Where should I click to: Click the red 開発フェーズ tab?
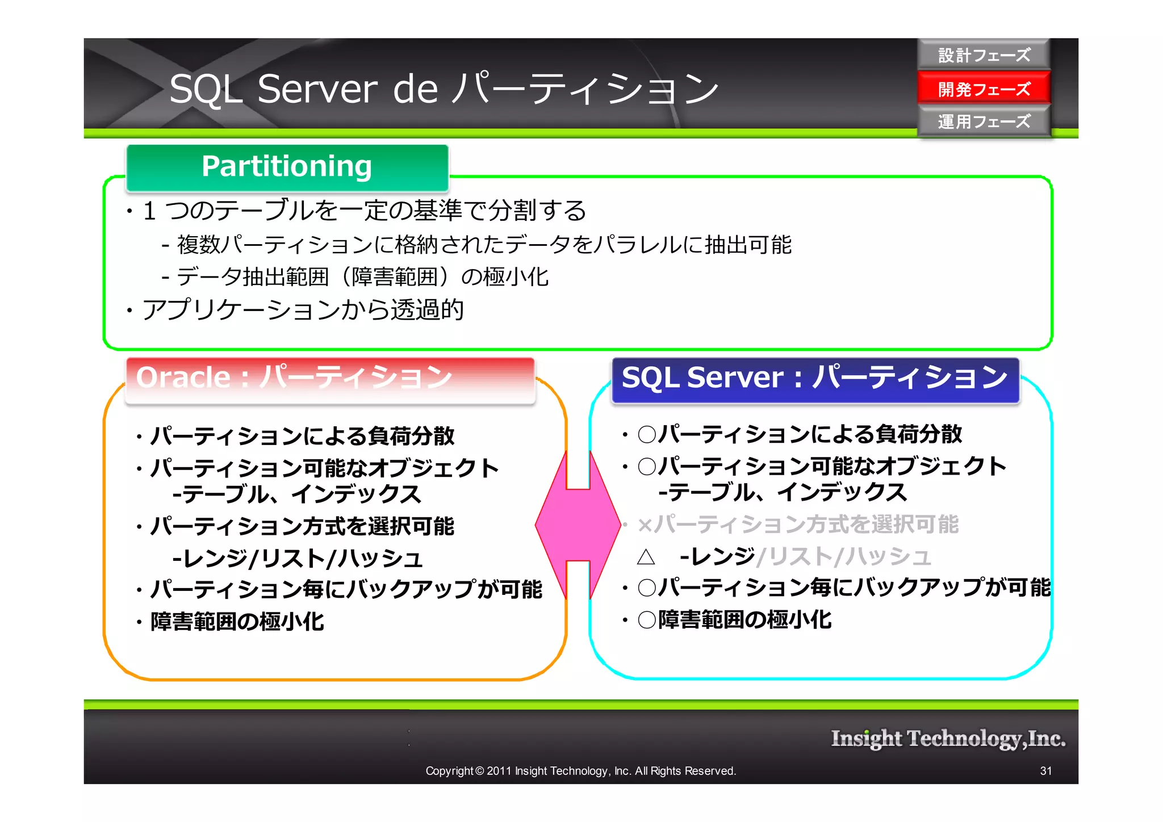(x=984, y=89)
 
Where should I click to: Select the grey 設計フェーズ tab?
(x=984, y=55)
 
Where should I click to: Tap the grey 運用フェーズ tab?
(x=984, y=121)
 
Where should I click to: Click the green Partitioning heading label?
(x=287, y=167)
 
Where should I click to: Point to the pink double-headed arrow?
(x=578, y=525)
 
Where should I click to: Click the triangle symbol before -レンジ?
(x=646, y=557)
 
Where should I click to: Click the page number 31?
(x=1045, y=771)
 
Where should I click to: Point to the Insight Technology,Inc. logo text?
(x=948, y=739)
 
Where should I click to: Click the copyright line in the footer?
(x=580, y=771)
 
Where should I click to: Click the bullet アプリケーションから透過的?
(x=303, y=310)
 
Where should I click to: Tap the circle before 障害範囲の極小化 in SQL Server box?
(x=647, y=619)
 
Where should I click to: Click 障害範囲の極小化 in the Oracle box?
(x=237, y=622)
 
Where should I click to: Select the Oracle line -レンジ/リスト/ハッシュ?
(x=298, y=559)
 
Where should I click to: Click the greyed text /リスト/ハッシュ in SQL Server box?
(x=844, y=557)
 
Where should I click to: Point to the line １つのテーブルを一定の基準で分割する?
(x=363, y=211)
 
